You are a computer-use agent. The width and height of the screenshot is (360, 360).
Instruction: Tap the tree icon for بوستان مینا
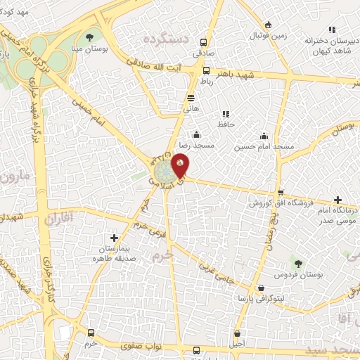[89, 37]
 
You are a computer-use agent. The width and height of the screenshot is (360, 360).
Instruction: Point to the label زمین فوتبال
[253, 34]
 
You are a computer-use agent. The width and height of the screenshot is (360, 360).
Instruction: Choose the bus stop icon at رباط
[206, 70]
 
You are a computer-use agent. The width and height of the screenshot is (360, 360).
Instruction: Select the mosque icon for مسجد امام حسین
[264, 136]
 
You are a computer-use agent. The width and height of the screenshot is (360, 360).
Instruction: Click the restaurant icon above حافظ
[226, 113]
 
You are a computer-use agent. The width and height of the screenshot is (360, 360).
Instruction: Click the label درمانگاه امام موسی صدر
[333, 215]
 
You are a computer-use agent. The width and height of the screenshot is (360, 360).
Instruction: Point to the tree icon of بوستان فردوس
[300, 264]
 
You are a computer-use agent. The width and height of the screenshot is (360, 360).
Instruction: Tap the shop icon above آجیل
[238, 333]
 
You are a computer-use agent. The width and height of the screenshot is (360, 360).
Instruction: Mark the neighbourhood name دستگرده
[167, 39]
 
